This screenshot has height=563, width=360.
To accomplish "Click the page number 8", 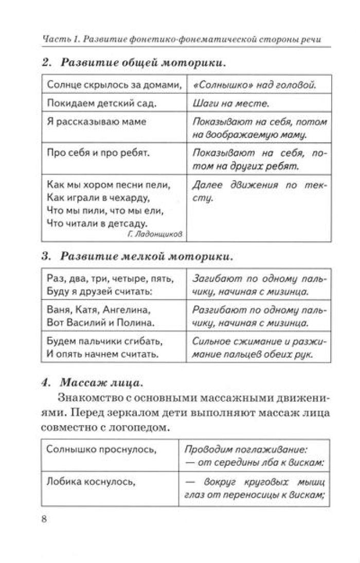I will pos(44,519).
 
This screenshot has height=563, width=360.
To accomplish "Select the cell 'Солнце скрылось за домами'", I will pos(114,84).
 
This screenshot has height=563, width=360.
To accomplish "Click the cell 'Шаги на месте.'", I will pos(230,103).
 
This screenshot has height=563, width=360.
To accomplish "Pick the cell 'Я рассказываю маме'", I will pos(96,122).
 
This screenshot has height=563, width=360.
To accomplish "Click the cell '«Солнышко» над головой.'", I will pos(254,84).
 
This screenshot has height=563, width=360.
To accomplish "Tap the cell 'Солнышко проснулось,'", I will pos(101,450).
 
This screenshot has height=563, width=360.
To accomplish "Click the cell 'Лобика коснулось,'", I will pos(91,482).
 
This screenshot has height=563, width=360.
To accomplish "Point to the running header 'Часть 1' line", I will pos(185,40).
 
